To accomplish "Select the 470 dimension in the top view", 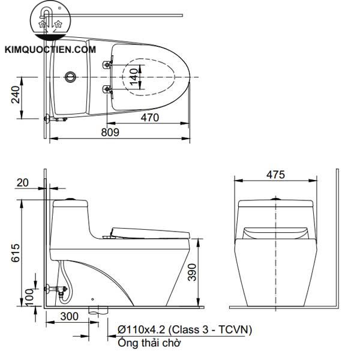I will pyautogui.click(x=150, y=118).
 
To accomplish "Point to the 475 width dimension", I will pyautogui.click(x=275, y=175).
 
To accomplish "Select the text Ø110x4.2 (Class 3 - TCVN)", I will pyautogui.click(x=185, y=330).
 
